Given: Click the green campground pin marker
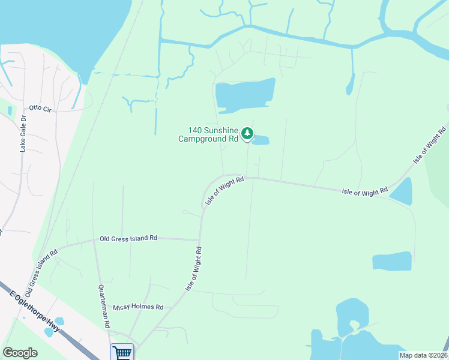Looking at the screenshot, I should [x=247, y=134].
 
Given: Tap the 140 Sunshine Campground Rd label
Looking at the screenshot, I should [x=208, y=134].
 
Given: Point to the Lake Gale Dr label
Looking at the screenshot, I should [x=23, y=134].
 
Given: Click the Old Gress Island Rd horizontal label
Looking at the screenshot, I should [x=128, y=238].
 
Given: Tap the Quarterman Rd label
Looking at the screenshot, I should [x=104, y=305].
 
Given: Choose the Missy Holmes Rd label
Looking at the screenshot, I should [x=138, y=307].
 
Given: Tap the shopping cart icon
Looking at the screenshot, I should [x=122, y=352].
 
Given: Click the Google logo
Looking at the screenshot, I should [x=20, y=353].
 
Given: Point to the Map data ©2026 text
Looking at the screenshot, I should [x=423, y=355].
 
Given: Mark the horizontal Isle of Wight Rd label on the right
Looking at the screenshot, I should [x=364, y=192].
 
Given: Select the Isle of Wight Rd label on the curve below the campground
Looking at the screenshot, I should [x=224, y=191].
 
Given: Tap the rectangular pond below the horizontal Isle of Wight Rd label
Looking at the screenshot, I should [x=392, y=261].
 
